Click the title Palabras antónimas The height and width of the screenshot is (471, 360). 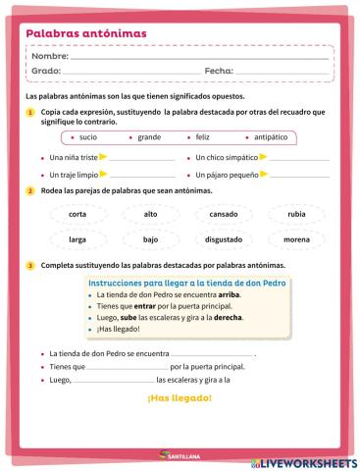pos(86,34)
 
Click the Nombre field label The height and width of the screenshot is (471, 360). pos(50,57)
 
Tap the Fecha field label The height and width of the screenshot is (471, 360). pos(219,71)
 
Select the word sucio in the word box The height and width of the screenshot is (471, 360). pos(87,136)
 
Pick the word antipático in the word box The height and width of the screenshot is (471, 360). pos(258,136)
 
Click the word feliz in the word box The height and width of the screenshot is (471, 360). pos(202,136)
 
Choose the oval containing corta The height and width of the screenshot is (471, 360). pos(77,214)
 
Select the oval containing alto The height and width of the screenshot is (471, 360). pos(150,214)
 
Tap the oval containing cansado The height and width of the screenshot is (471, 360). pos(224,214)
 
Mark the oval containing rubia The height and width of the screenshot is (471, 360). pos(295,214)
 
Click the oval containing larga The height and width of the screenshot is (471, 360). pos(77,238)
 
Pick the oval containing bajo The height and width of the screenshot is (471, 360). pos(150,238)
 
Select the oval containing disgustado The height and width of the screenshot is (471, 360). pos(224,238)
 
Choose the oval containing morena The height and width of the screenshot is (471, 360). pos(295,238)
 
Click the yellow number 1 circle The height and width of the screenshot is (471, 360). pos(30,113)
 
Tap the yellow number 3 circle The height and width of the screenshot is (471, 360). pos(30,266)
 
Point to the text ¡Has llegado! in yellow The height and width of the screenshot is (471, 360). pos(179,398)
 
